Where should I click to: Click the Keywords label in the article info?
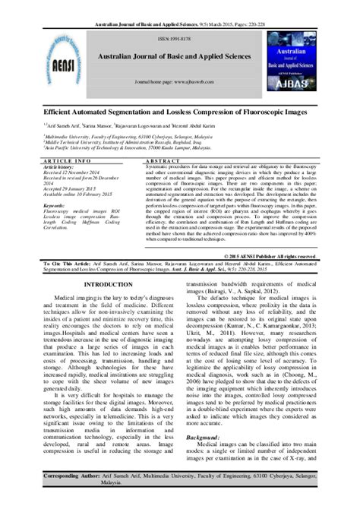(58, 205)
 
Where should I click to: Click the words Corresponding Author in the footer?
(73, 495)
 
